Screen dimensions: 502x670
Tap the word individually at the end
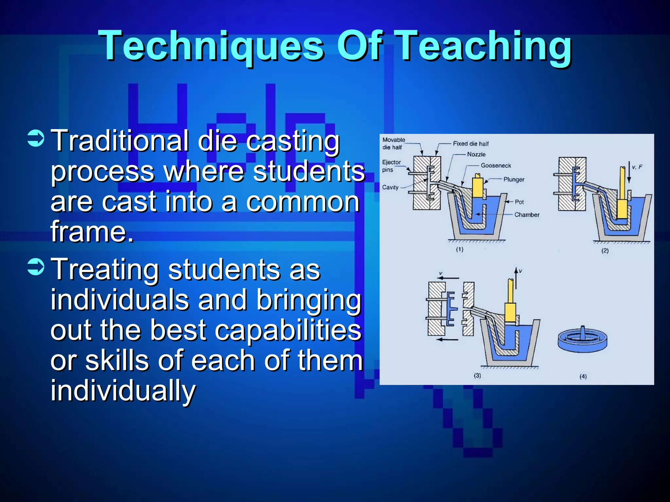123,391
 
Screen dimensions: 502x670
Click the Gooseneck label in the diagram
496,166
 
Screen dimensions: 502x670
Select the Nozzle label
476,155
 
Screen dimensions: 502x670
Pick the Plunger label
514,179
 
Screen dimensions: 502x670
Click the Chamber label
527,215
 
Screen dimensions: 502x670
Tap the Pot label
519,202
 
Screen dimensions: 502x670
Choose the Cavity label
390,187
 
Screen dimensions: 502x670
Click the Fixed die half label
471,144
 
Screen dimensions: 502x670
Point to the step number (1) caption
460,249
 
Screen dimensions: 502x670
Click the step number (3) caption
477,376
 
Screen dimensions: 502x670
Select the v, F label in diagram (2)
637,167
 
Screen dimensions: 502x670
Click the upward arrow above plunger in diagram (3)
516,278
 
